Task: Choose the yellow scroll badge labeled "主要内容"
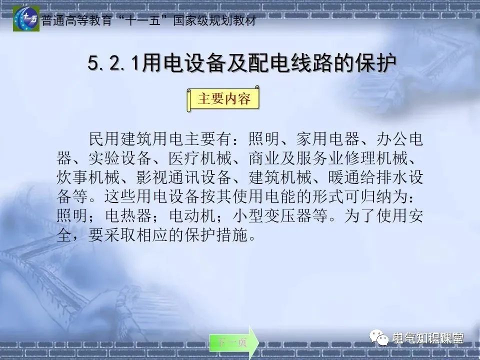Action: point(223,99)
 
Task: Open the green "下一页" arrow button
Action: point(233,342)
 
